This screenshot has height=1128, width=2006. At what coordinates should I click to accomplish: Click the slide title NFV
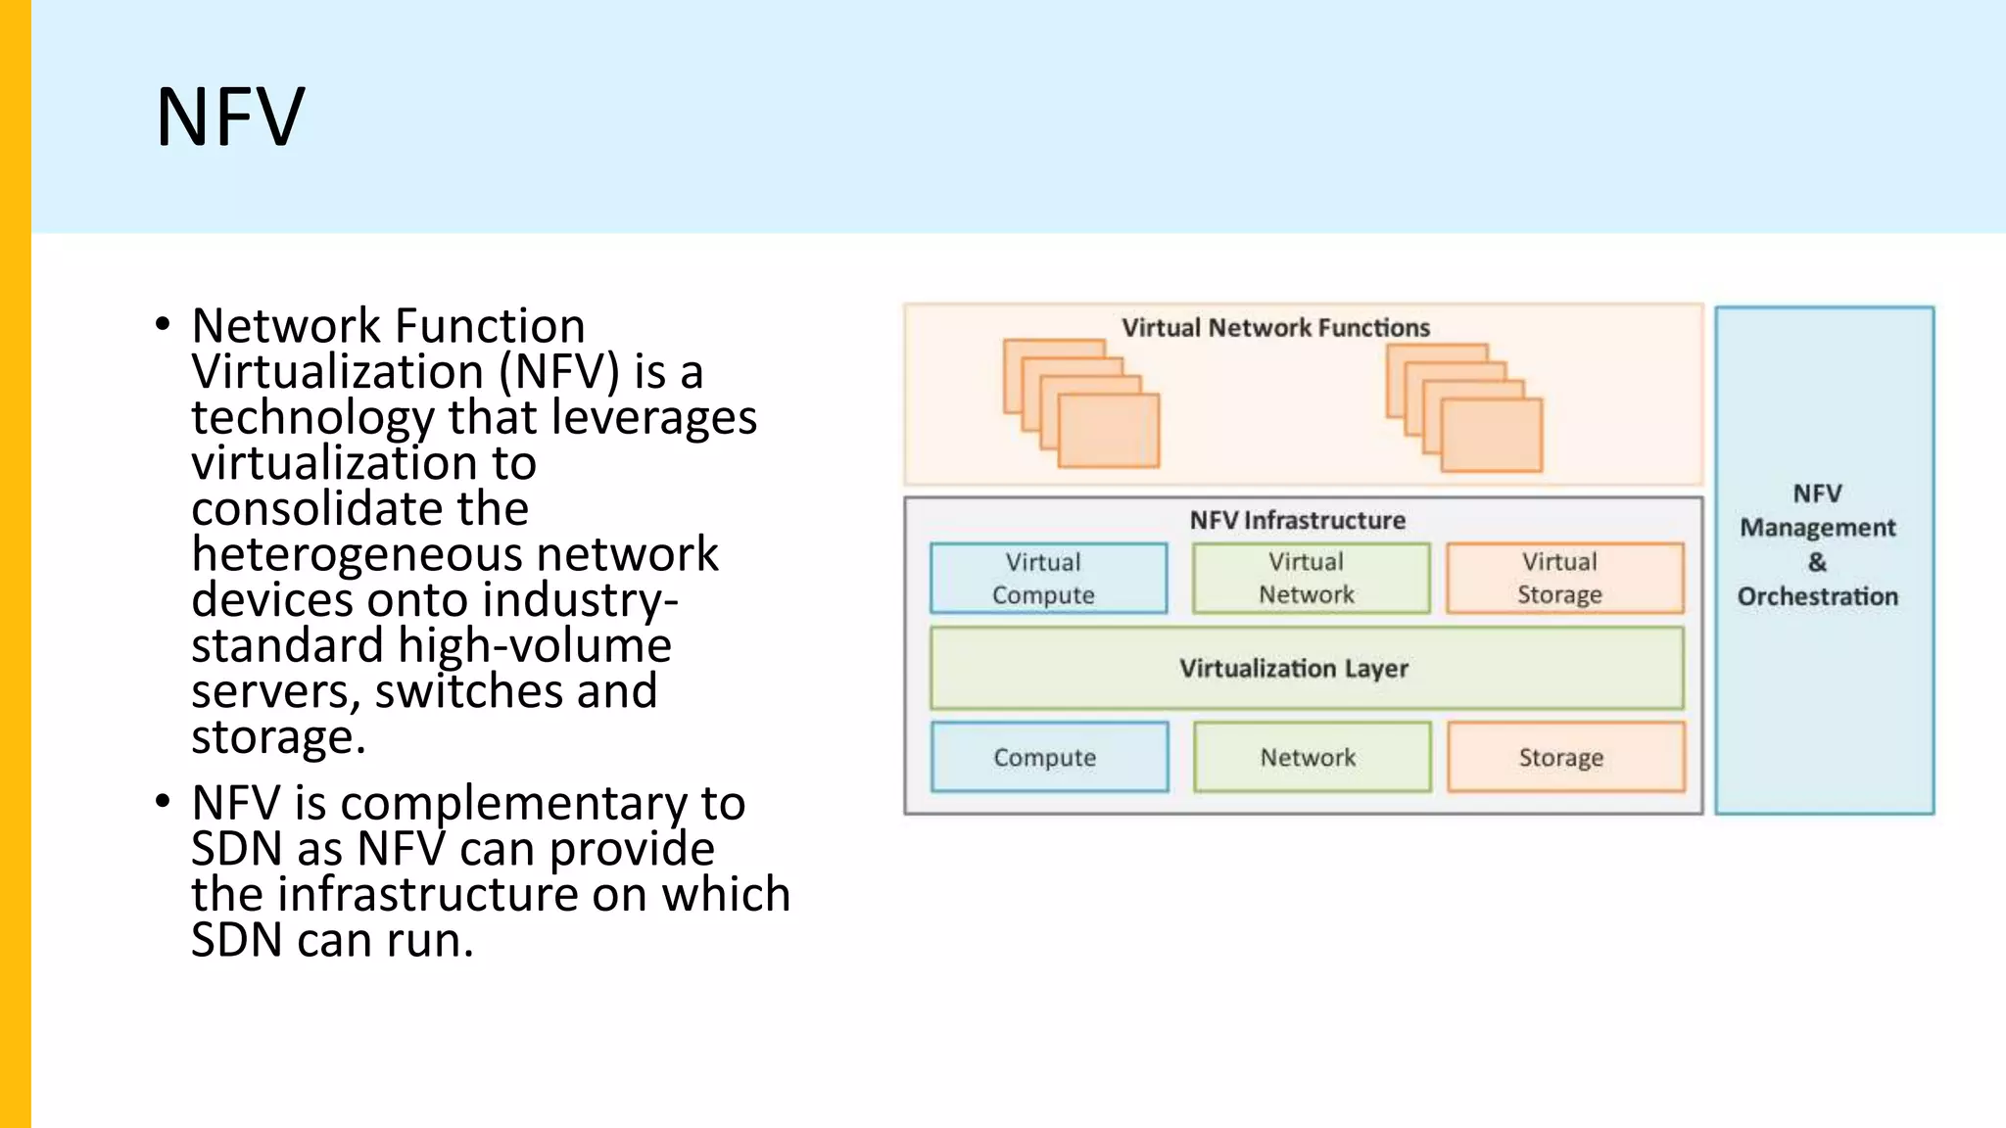pyautogui.click(x=231, y=117)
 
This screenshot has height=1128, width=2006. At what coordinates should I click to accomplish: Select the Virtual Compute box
pyautogui.click(x=1048, y=579)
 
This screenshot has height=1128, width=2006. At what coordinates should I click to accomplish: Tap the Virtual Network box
pyautogui.click(x=1311, y=579)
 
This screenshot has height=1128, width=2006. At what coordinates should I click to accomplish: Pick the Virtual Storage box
pyautogui.click(x=1564, y=579)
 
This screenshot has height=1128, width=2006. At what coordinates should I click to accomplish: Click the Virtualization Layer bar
pyautogui.click(x=1306, y=669)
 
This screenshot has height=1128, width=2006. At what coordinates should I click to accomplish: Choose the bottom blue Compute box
pyautogui.click(x=1049, y=757)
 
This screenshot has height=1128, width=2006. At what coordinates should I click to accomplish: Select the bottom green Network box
pyautogui.click(x=1312, y=757)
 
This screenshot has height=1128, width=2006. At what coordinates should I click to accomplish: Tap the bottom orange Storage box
pyautogui.click(x=1565, y=757)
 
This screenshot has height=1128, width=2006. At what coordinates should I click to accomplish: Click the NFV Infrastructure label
pyautogui.click(x=1297, y=520)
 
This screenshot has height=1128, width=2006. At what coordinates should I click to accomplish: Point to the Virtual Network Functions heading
pyautogui.click(x=1275, y=328)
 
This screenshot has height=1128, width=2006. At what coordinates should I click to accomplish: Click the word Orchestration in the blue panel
pyautogui.click(x=1817, y=596)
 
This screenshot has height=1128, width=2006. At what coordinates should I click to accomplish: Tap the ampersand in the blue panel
pyautogui.click(x=1817, y=562)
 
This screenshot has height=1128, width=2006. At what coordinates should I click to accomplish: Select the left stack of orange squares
pyautogui.click(x=1081, y=403)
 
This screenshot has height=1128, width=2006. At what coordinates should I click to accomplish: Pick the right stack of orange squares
pyautogui.click(x=1464, y=407)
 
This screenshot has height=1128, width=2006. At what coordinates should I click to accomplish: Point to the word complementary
pyautogui.click(x=513, y=805)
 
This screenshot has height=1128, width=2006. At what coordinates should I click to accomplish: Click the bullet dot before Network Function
pyautogui.click(x=163, y=324)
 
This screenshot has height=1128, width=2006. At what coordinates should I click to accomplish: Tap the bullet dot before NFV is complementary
pyautogui.click(x=163, y=802)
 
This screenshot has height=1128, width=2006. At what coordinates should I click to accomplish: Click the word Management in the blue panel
pyautogui.click(x=1817, y=528)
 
